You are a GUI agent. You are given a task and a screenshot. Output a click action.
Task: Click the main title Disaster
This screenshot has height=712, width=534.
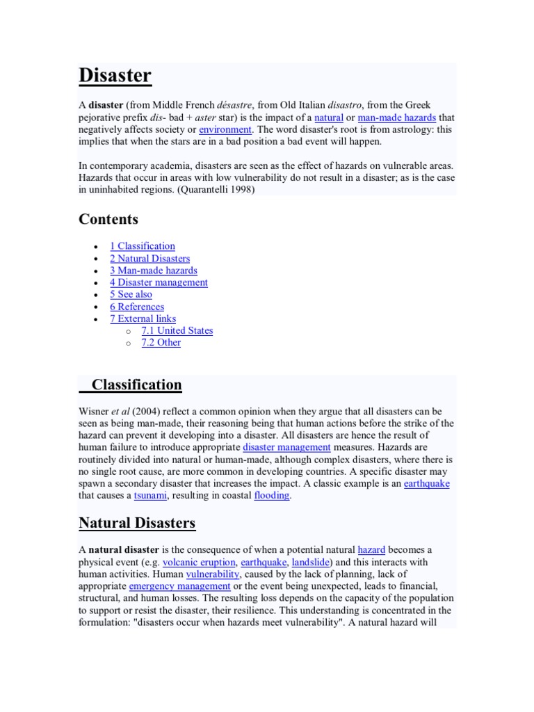click(x=115, y=75)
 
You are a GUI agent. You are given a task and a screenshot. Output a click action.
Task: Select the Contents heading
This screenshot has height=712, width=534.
click(x=108, y=220)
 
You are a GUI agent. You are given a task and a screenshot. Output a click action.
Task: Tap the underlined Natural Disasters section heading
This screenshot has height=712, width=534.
click(x=137, y=523)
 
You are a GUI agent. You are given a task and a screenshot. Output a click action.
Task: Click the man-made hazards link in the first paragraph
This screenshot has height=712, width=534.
click(x=396, y=118)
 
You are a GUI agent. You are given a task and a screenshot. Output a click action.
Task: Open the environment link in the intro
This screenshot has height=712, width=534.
click(x=225, y=129)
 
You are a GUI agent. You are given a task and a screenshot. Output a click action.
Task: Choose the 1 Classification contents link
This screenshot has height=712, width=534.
click(x=143, y=246)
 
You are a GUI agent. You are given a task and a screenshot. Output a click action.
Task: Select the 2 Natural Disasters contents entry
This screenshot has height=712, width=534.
click(x=149, y=259)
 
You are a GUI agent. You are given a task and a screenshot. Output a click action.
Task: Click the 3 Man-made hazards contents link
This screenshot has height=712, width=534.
click(x=153, y=270)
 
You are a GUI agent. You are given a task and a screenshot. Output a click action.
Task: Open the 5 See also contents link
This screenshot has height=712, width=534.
click(x=131, y=294)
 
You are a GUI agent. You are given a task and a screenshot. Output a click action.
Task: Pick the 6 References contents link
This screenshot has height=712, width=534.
click(x=137, y=307)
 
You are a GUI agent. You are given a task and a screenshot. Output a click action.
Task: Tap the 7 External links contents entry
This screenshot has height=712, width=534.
click(x=143, y=318)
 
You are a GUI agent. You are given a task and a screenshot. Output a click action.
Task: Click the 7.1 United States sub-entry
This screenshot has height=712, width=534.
click(x=177, y=330)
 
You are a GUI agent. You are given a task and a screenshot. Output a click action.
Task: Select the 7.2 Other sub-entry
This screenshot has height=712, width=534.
click(x=161, y=342)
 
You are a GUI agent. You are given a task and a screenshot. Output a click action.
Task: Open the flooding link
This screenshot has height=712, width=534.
click(x=271, y=496)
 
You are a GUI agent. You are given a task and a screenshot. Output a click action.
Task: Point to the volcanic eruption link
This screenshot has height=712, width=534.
click(x=200, y=562)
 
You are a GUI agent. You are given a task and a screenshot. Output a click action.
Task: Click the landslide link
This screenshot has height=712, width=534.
click(x=311, y=562)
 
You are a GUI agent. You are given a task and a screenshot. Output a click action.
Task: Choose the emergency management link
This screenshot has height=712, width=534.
click(x=170, y=586)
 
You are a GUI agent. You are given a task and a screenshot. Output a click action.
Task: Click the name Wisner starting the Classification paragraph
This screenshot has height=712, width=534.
click(x=94, y=412)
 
